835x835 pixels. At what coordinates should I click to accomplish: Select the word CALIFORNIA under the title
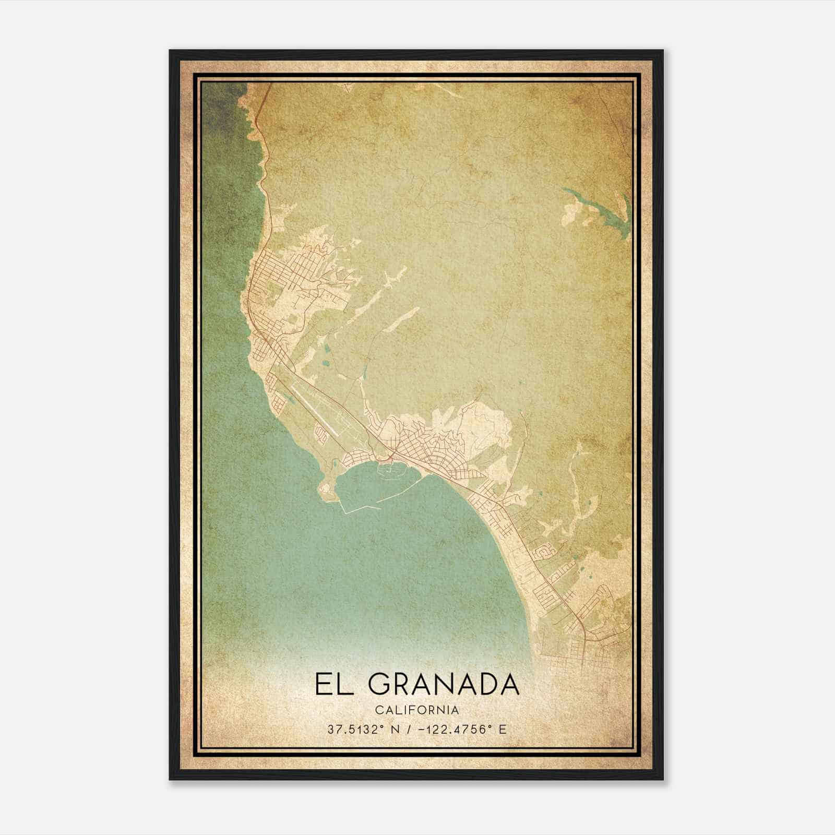417,710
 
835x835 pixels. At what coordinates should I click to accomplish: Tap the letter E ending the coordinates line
503,729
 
